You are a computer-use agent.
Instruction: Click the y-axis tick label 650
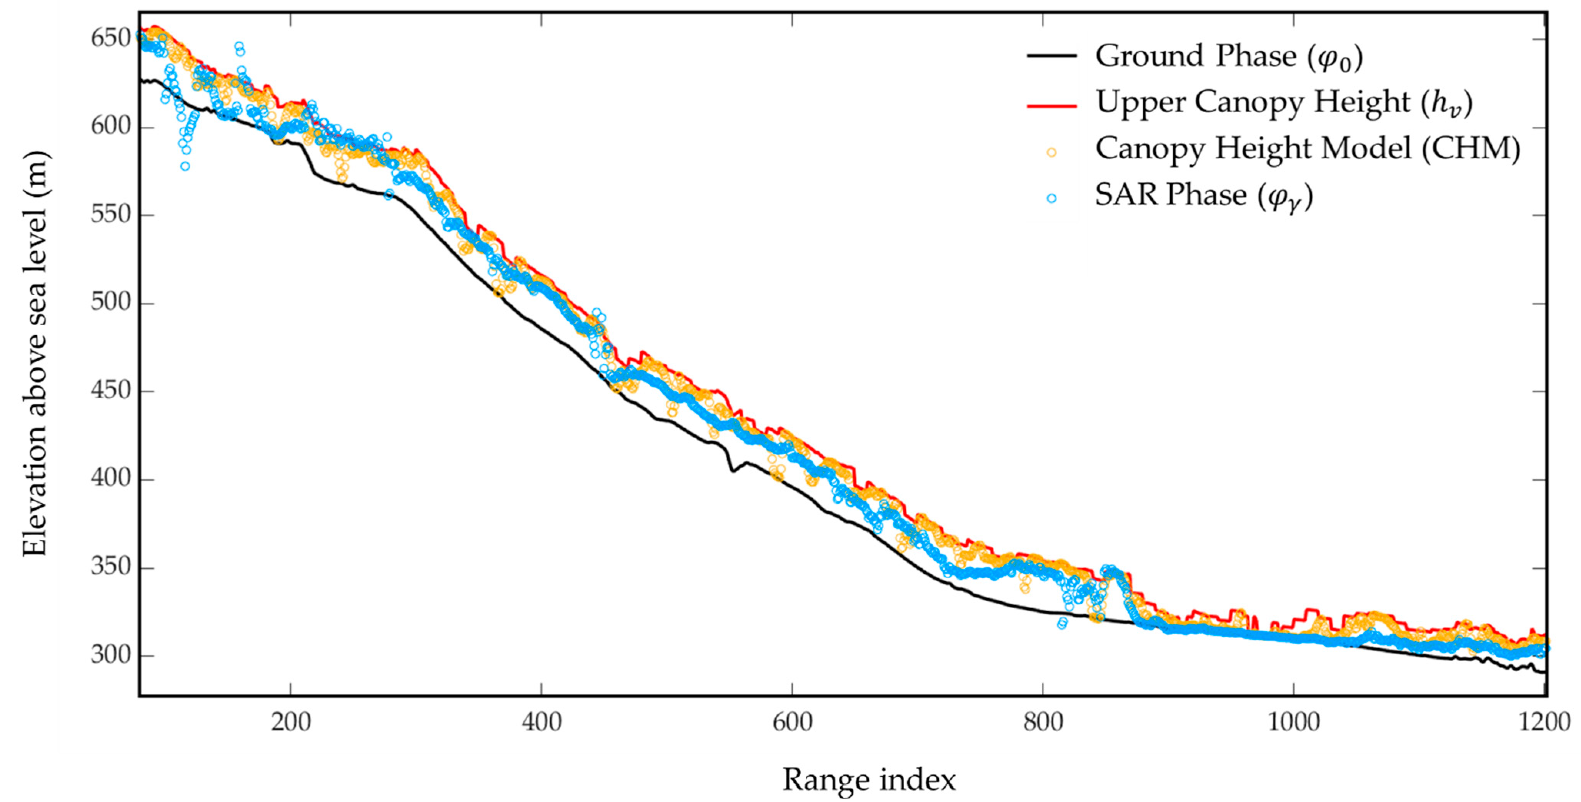[x=110, y=39]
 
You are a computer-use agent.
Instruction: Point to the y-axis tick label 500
[x=110, y=303]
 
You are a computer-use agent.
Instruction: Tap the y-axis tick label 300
[x=110, y=656]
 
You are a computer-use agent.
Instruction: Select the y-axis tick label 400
[x=110, y=479]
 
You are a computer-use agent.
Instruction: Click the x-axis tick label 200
[x=290, y=722]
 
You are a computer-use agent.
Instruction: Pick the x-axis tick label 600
[x=792, y=722]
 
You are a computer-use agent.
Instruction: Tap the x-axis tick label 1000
[x=1294, y=722]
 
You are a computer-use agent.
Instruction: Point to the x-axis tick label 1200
[x=1544, y=722]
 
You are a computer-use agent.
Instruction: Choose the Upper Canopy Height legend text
[x=1284, y=103]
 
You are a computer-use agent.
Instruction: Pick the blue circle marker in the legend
[x=1052, y=198]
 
